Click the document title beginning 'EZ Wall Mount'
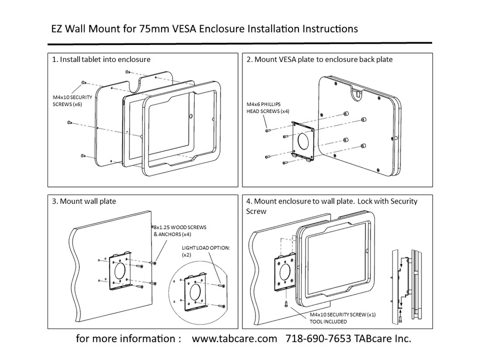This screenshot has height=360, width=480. click(x=204, y=28)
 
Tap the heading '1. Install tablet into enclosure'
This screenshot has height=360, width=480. click(x=101, y=59)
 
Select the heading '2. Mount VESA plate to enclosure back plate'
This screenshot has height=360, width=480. click(x=319, y=59)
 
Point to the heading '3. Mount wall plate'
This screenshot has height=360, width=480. click(x=83, y=201)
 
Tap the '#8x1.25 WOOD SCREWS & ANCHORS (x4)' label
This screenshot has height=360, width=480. click(x=179, y=230)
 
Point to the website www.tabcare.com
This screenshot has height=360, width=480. click(x=234, y=338)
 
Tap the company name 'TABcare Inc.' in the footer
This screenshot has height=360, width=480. click(x=382, y=338)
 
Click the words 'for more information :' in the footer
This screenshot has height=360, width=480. click(x=128, y=338)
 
